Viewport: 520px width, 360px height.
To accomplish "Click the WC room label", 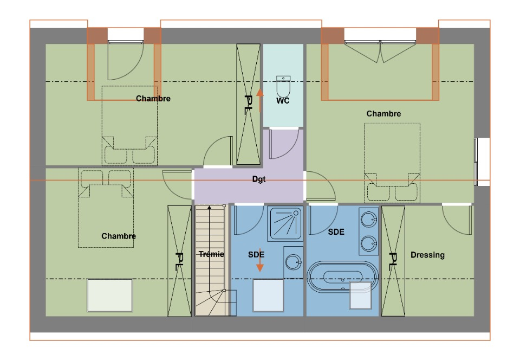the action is pos(283,100).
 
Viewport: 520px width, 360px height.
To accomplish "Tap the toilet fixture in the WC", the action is pos(283,86).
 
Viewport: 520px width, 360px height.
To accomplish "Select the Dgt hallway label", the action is pos(259,179).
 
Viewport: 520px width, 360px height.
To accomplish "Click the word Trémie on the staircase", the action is pos(211,254).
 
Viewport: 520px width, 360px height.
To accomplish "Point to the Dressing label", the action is pos(427,255).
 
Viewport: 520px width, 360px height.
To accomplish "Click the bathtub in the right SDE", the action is pos(342,277).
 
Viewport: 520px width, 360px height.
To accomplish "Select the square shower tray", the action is pos(285,223).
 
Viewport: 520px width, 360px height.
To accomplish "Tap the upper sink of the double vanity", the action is pos(369,220).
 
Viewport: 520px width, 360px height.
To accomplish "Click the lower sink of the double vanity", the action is pos(369,243).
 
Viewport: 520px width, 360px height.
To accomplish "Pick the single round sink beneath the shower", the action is pos(293,262).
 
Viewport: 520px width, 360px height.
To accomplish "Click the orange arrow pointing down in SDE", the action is pos(260,260).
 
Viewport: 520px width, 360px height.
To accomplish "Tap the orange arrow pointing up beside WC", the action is pos(260,100).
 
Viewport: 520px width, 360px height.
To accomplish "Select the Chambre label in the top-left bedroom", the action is pos(153,99).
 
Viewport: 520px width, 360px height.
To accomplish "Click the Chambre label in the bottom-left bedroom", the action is pos(119,236).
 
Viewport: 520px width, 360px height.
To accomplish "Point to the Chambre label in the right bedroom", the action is pos(383,113).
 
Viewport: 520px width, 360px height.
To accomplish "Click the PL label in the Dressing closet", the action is pos(393,261).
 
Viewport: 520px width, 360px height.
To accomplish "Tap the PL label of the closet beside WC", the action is pos(249,105).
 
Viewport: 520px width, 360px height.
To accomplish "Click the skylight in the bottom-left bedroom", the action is pos(110,295).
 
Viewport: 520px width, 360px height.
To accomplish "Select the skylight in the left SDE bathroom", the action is pos(268,295).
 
